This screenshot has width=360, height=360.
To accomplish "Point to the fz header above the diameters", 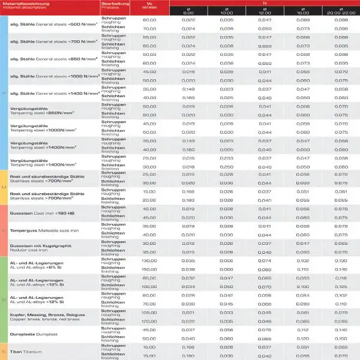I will click(x=264, y=2).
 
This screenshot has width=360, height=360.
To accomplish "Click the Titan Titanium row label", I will click(x=29, y=351).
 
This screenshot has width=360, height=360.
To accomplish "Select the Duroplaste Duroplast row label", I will click(x=37, y=334).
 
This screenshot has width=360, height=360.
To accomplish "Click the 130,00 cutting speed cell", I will click(x=149, y=261).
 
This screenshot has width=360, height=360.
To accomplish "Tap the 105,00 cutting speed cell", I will click(x=149, y=313).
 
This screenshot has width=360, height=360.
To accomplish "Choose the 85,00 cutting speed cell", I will click(x=149, y=278).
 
